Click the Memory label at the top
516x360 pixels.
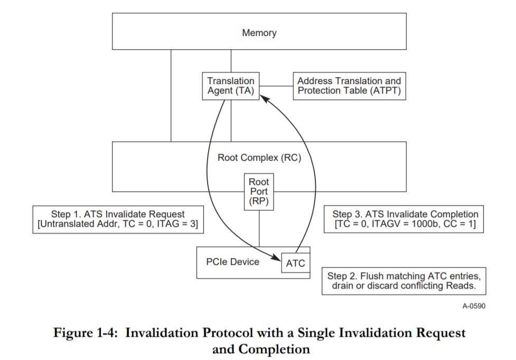point(259,33)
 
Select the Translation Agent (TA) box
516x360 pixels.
point(231,86)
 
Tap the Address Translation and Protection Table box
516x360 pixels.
point(349,86)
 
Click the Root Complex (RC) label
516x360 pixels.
point(259,158)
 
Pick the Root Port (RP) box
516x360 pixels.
point(259,192)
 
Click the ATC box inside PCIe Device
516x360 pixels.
point(295,263)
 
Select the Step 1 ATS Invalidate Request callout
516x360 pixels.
point(118,219)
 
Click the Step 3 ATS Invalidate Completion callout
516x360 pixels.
point(405,219)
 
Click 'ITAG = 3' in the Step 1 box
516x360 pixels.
point(180,225)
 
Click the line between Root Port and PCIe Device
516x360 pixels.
point(259,228)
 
